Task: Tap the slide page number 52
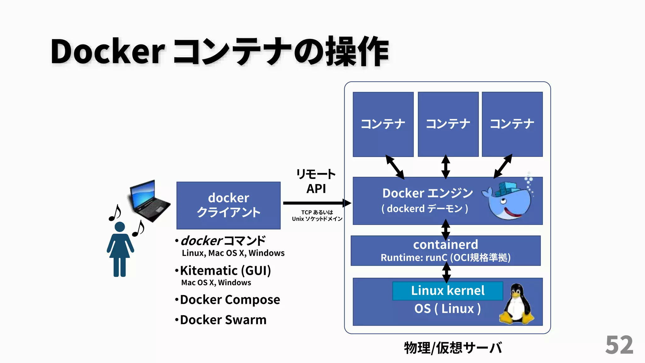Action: pyautogui.click(x=619, y=345)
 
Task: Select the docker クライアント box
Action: pyautogui.click(x=228, y=205)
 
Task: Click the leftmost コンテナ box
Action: pyautogui.click(x=383, y=124)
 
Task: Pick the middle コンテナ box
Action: pyautogui.click(x=448, y=124)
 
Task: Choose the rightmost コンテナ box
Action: pyautogui.click(x=512, y=124)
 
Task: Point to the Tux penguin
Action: pyautogui.click(x=517, y=304)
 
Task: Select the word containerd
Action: pyautogui.click(x=445, y=245)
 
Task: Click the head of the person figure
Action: pyautogui.click(x=120, y=227)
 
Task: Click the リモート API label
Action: pyautogui.click(x=316, y=181)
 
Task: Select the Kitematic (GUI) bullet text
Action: pyautogui.click(x=225, y=271)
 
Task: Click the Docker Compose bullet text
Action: pyautogui.click(x=230, y=300)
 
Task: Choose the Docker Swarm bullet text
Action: pyautogui.click(x=223, y=320)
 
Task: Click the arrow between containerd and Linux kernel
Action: pyautogui.click(x=446, y=272)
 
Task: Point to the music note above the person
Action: pyautogui.click(x=115, y=213)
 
